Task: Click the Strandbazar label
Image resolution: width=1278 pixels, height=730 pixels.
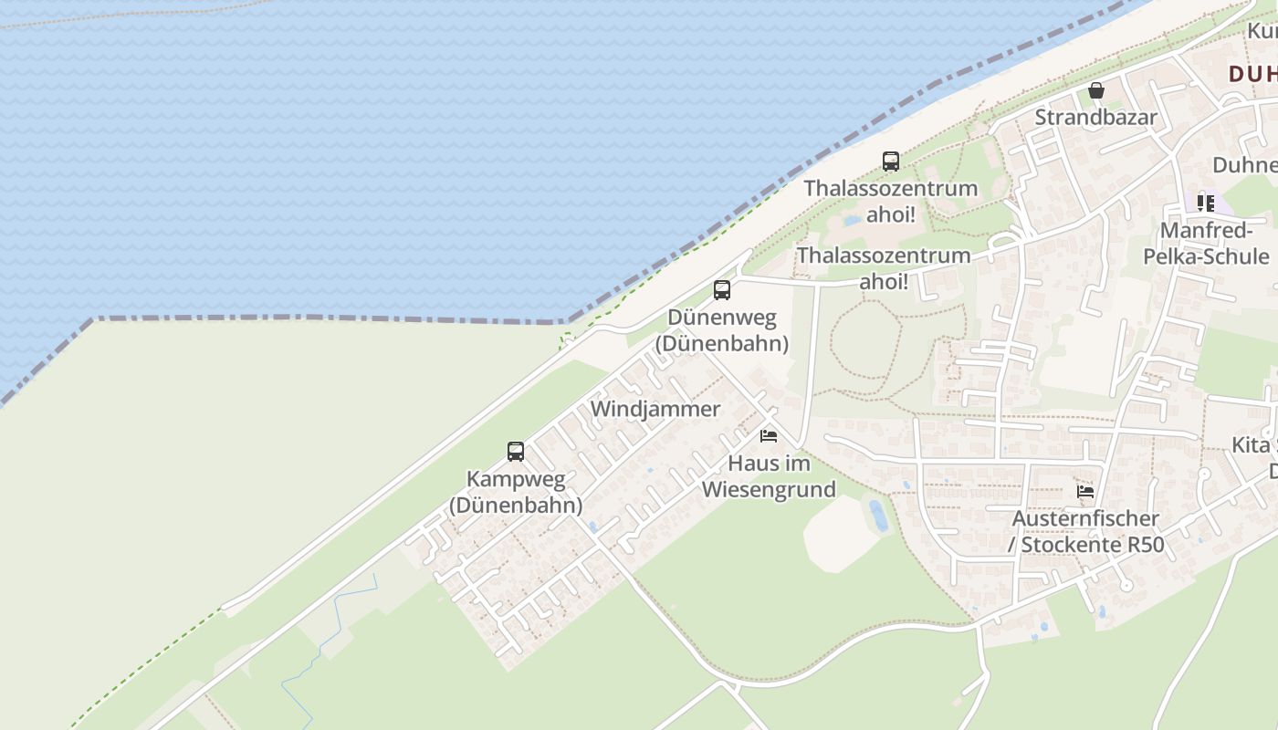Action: click(x=1095, y=118)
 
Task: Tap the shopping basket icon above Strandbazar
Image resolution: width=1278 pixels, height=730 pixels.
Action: click(x=1096, y=90)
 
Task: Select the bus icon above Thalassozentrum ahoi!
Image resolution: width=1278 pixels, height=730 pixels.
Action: click(x=891, y=162)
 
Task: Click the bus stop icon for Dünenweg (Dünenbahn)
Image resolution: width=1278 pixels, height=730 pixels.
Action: click(x=722, y=290)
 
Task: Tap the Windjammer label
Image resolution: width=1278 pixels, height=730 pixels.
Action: click(x=655, y=409)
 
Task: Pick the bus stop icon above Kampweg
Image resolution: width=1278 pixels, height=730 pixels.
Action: click(x=516, y=451)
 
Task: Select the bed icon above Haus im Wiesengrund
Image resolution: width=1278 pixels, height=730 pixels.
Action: click(x=769, y=436)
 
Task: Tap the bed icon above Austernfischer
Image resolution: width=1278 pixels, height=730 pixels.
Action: click(x=1085, y=491)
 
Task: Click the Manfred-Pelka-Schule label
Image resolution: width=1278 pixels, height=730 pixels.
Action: click(x=1206, y=243)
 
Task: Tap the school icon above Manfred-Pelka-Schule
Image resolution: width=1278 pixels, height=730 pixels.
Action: click(x=1206, y=203)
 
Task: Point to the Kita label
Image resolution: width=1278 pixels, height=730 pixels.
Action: click(x=1251, y=445)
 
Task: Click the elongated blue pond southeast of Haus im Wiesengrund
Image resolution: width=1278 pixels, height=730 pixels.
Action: click(x=878, y=516)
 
